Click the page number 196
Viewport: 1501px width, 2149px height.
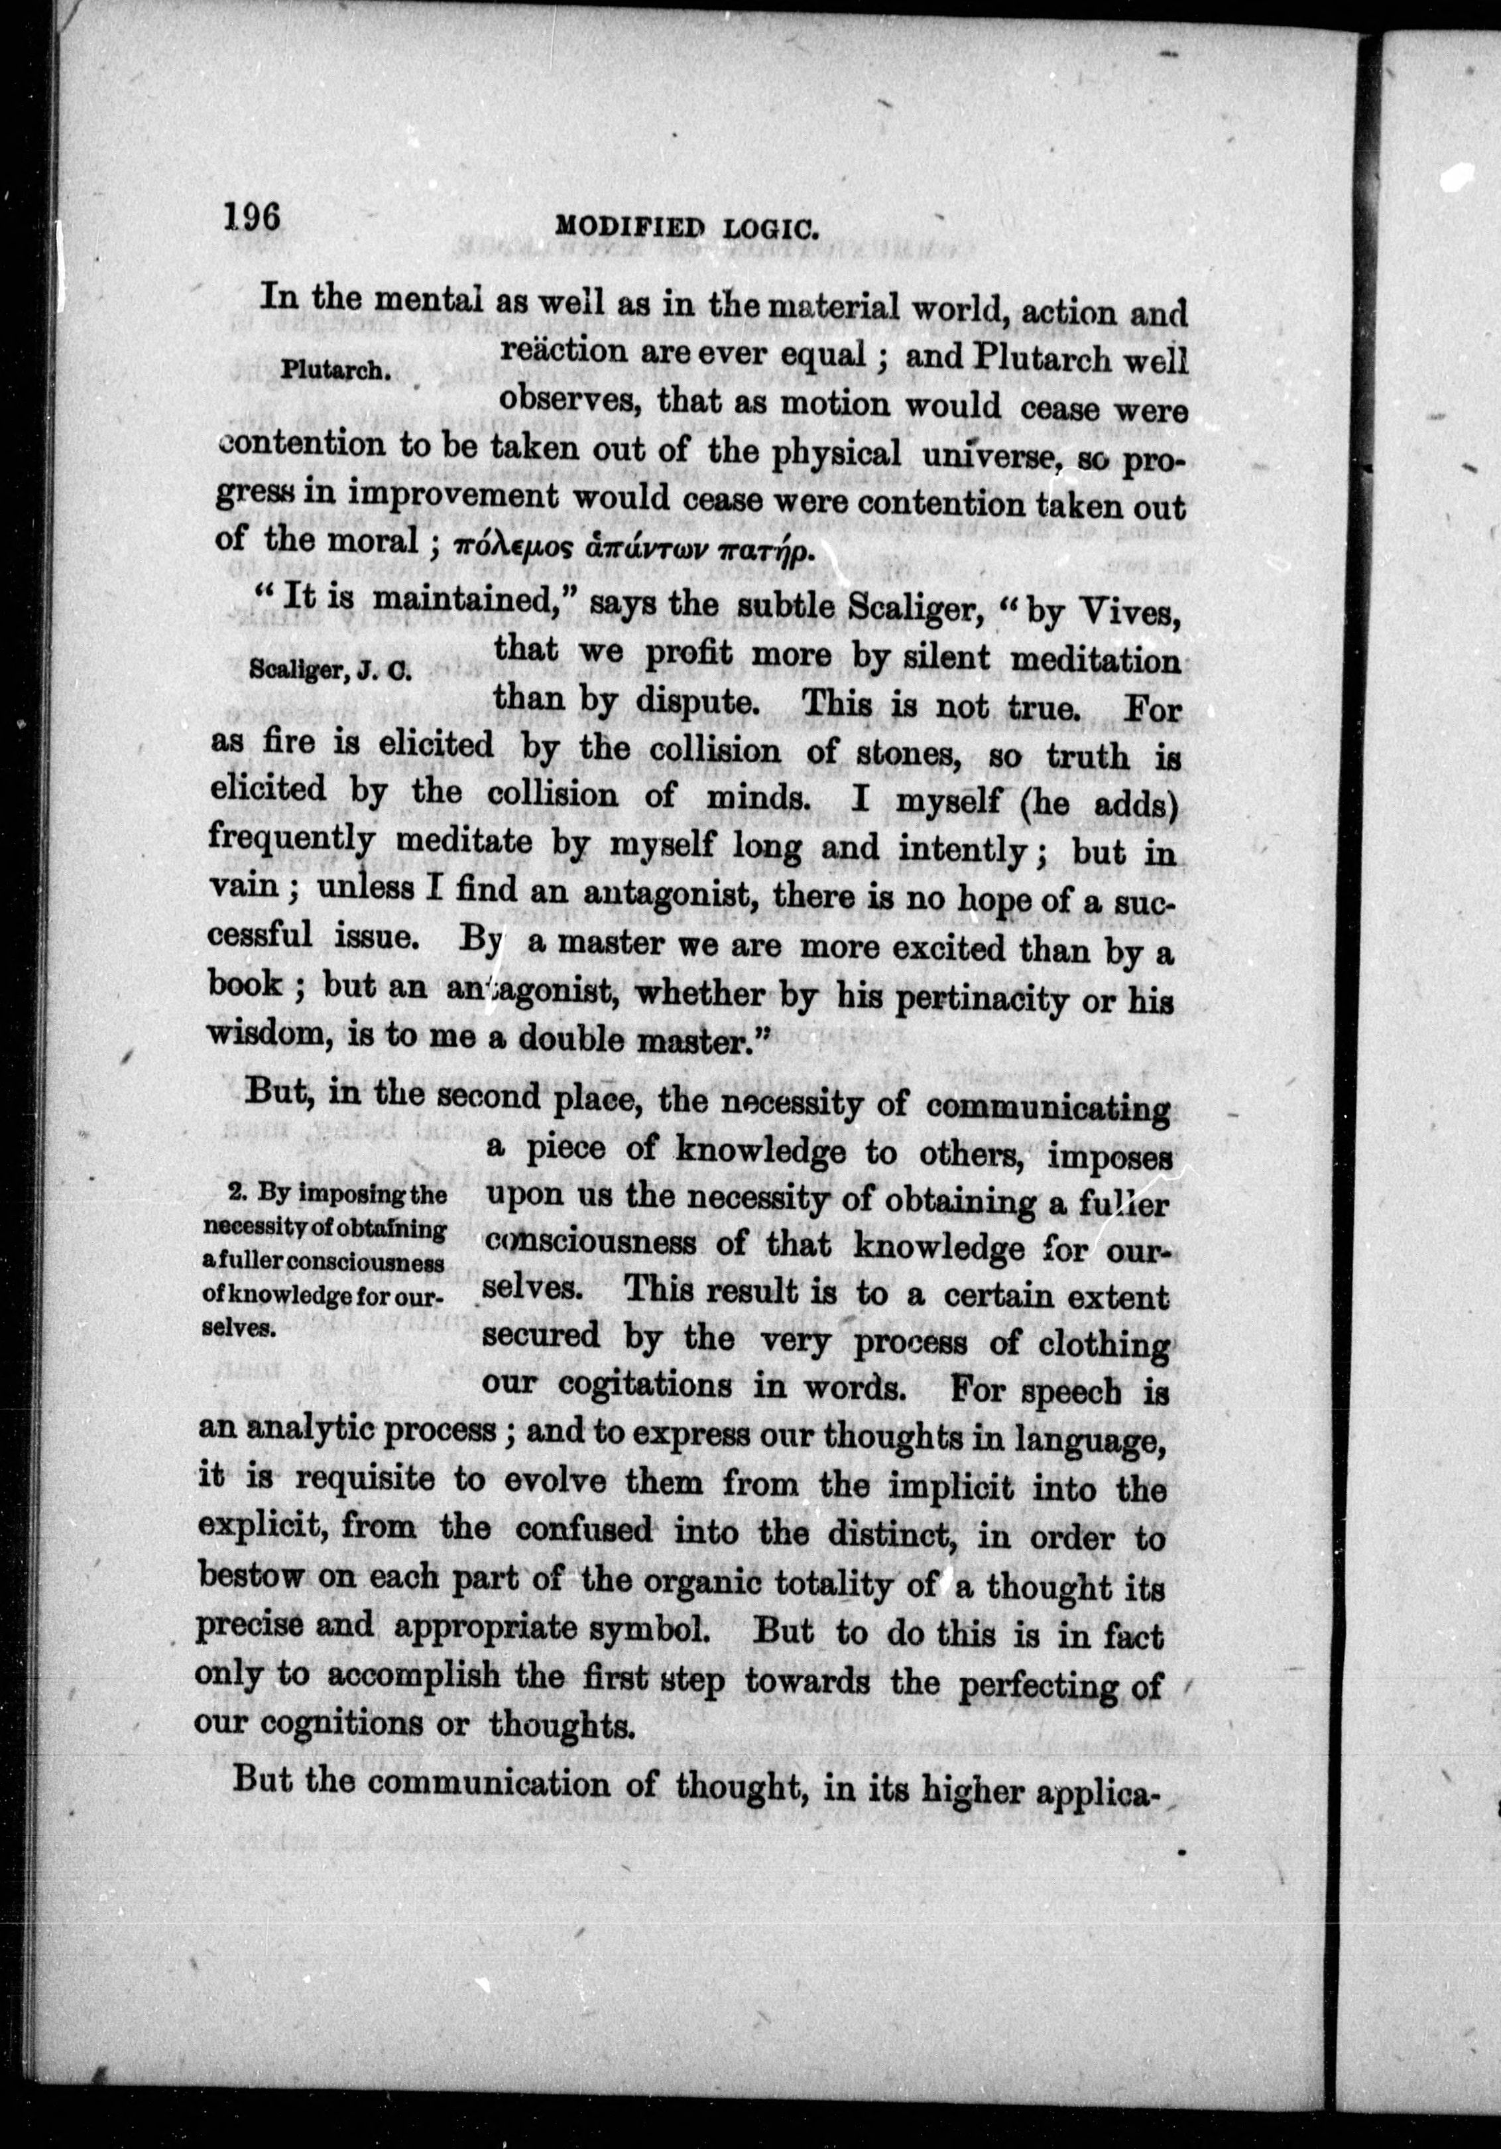point(252,219)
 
